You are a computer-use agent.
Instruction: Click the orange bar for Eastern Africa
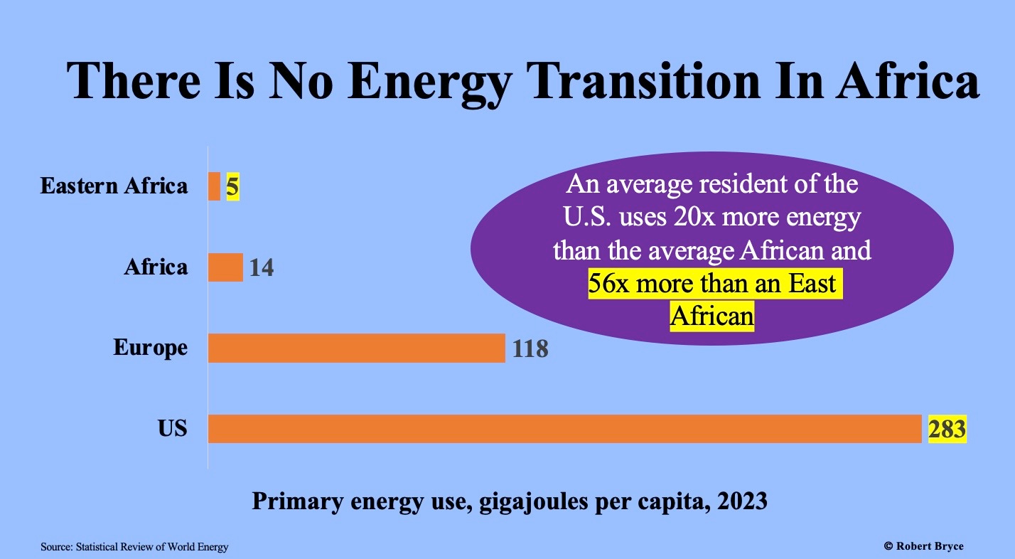tap(214, 186)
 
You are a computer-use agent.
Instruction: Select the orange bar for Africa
tap(225, 267)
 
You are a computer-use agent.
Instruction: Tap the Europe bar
tap(356, 348)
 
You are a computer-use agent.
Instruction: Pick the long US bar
tap(564, 429)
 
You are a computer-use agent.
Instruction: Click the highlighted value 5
tap(232, 187)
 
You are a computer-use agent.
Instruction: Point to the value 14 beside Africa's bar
tap(261, 268)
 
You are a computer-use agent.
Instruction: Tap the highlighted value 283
tap(947, 429)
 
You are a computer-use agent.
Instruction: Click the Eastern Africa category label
tap(114, 186)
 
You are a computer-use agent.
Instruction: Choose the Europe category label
tap(151, 348)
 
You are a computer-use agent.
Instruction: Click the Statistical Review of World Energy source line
tap(134, 547)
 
